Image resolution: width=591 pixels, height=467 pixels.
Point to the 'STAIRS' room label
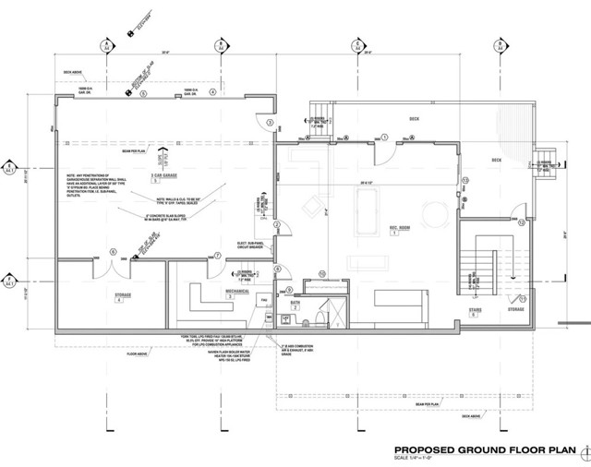point(475,310)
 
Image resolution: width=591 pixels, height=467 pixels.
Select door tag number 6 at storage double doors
point(113,250)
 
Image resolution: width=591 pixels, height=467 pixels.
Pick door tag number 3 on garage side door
point(269,122)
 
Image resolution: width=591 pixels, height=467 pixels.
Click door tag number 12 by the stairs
point(522,222)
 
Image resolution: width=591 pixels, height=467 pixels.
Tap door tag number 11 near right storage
point(522,298)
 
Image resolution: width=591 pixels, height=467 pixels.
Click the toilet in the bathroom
point(315,315)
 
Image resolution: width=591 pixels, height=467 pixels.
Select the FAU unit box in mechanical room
point(263,302)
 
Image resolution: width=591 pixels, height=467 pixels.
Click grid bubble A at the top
point(108,44)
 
